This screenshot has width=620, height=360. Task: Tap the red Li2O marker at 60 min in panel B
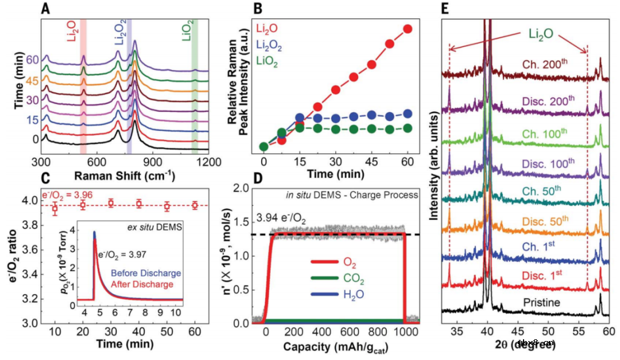coord(408,29)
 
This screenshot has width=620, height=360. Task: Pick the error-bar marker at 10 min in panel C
coord(55,208)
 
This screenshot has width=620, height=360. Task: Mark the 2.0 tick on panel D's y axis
coord(242,188)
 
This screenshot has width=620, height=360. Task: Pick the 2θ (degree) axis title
coord(525,344)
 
